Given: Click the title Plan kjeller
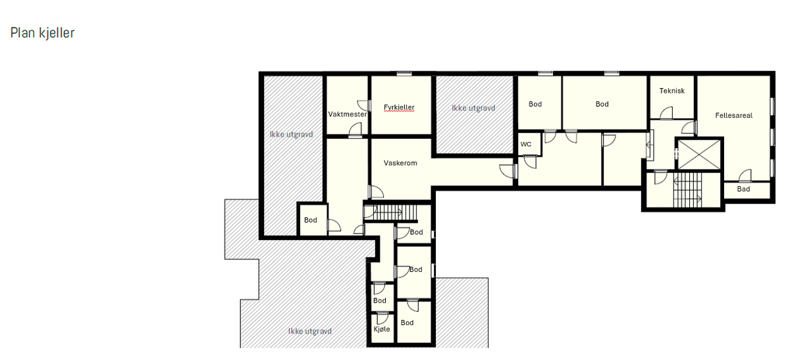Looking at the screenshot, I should (42, 33).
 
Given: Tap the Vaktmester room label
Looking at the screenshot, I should (347, 115).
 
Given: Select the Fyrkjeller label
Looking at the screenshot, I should (399, 107).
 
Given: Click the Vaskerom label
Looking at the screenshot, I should (400, 163).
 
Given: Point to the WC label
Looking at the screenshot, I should (525, 144).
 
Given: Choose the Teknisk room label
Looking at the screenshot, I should (671, 91).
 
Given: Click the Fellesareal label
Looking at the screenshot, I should (733, 115).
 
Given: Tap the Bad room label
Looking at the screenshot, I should (743, 190).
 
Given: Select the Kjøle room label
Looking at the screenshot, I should (381, 329).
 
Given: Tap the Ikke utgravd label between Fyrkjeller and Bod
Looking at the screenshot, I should (473, 108).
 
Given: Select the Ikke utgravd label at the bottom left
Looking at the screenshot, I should (309, 331).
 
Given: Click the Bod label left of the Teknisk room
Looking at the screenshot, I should (602, 104).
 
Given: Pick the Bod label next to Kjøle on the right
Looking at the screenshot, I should (407, 322).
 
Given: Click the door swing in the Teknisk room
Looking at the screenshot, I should (667, 112).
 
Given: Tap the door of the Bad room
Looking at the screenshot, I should (745, 176).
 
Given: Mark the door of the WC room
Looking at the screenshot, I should (530, 161).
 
